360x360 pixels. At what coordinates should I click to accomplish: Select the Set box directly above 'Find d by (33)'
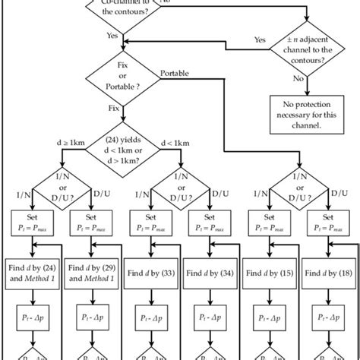tap(150, 221)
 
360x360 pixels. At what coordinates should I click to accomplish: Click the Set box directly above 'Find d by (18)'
tap(329, 221)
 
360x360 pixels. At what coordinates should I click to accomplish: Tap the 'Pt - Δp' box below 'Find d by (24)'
tap(31, 317)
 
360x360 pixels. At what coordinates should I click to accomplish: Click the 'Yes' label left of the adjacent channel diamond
tap(259, 39)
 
